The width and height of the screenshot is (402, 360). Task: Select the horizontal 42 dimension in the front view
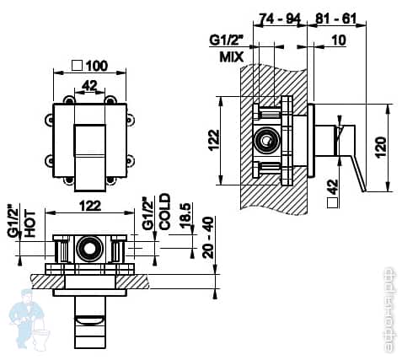[x=88, y=84]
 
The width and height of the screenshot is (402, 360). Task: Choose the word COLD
[x=164, y=212]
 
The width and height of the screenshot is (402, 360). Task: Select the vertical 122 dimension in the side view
[x=214, y=140]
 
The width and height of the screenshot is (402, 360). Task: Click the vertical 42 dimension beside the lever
[x=332, y=185]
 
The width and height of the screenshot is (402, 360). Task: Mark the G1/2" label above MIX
[x=225, y=40]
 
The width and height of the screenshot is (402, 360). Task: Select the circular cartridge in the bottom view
[x=88, y=249]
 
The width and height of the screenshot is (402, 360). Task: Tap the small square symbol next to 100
[x=78, y=65]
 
